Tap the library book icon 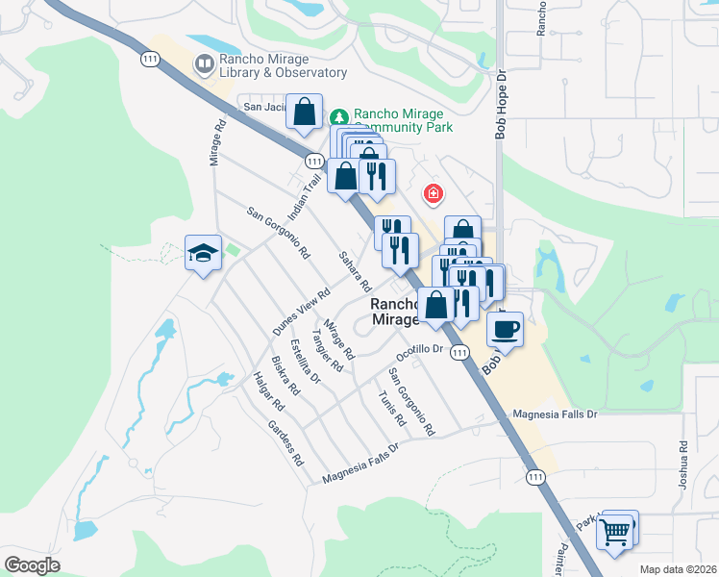204,64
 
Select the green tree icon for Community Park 339,116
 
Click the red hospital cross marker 434,195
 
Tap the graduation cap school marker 203,253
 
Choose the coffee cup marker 505,329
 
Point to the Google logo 32,565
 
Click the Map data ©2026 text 678,569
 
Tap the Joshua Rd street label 682,464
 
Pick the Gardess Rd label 285,440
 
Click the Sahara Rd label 354,271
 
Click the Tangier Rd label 327,353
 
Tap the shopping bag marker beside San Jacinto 305,112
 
